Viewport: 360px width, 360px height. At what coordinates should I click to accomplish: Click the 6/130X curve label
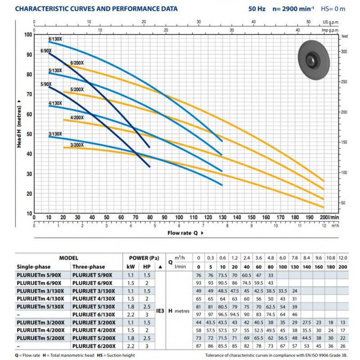pyautogui.click(x=55, y=39)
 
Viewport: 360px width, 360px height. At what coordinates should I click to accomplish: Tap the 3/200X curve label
pyautogui.click(x=77, y=145)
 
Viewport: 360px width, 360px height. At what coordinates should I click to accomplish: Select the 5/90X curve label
pyautogui.click(x=46, y=84)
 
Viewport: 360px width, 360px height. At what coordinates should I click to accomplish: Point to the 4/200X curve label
pyautogui.click(x=77, y=117)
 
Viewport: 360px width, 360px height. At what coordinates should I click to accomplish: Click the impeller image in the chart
pyautogui.click(x=314, y=60)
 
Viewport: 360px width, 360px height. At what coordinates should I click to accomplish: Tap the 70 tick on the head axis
pyautogui.click(x=29, y=94)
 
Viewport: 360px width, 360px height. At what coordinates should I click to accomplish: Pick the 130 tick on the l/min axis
pyautogui.click(x=222, y=217)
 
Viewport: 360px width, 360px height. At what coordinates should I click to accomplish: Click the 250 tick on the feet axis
pyautogui.click(x=344, y=82)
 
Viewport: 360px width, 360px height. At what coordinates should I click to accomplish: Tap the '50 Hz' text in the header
pyautogui.click(x=256, y=9)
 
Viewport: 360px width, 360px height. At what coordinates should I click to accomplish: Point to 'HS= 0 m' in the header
pyautogui.click(x=333, y=9)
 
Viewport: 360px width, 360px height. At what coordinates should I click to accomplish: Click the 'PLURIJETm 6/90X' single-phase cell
pyautogui.click(x=39, y=283)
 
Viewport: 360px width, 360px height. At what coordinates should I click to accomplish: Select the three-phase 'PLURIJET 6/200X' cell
pyautogui.click(x=94, y=346)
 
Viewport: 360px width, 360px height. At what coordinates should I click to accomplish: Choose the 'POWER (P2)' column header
pyautogui.click(x=144, y=258)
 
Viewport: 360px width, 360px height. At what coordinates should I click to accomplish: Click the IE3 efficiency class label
pyautogui.click(x=160, y=311)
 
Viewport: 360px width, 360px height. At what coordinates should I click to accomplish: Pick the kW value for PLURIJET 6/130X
pyautogui.click(x=130, y=315)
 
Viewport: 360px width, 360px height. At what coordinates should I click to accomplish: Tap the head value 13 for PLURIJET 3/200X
pyautogui.click(x=343, y=322)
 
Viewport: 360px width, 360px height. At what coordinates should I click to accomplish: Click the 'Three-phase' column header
pyautogui.click(x=89, y=267)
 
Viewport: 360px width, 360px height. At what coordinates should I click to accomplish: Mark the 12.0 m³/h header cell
pyautogui.click(x=343, y=258)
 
